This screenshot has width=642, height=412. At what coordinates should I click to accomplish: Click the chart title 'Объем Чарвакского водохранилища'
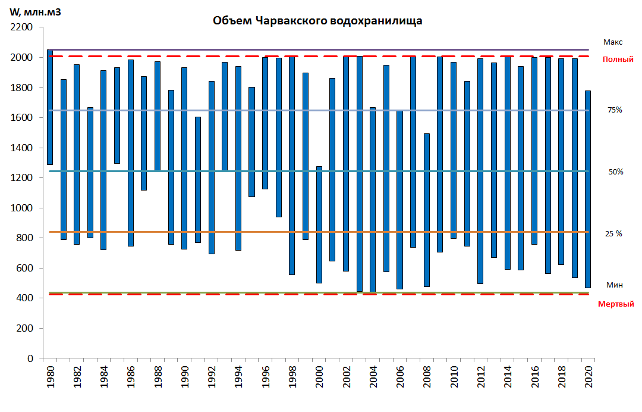317,21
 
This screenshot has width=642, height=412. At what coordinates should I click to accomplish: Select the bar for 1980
50,107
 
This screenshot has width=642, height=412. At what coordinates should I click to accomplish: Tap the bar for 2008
427,210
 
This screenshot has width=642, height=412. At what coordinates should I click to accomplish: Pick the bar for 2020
588,189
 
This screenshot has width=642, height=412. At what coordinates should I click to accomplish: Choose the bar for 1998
292,166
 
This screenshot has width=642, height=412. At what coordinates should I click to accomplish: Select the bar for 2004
373,199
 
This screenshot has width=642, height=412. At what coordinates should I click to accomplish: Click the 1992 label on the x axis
211,377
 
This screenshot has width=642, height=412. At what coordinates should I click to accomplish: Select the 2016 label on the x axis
534,377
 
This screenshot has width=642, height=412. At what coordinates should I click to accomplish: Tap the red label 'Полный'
618,60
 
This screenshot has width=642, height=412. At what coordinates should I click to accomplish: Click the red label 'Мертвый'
616,304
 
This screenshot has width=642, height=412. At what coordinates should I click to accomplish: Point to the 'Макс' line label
613,42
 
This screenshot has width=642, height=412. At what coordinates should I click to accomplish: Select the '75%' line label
615,110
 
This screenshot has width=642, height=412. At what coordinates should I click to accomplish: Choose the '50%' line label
615,172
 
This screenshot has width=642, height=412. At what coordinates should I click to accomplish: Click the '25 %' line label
613,234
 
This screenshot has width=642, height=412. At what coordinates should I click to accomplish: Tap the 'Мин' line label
614,285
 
